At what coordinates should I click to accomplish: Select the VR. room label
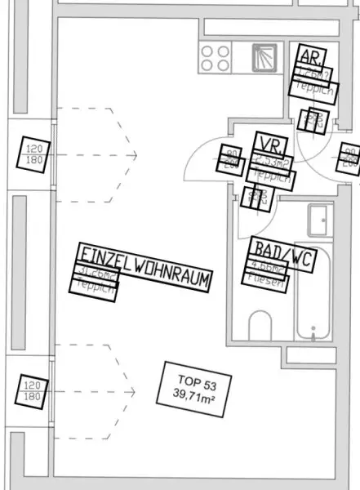pyautogui.click(x=270, y=145)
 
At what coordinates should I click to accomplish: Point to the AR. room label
pyautogui.click(x=311, y=56)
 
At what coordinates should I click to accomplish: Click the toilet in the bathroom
pyautogui.click(x=260, y=326)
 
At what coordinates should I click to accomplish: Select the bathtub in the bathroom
pyautogui.click(x=313, y=302)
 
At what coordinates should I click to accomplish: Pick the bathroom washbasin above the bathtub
pyautogui.click(x=318, y=219)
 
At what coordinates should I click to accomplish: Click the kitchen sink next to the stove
pyautogui.click(x=262, y=57)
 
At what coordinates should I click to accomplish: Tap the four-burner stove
pyautogui.click(x=216, y=58)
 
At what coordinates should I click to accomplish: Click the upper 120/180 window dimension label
pyautogui.click(x=33, y=154)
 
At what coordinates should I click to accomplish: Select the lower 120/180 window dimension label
pyautogui.click(x=32, y=390)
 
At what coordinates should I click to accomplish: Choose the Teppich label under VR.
pyautogui.click(x=272, y=175)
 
